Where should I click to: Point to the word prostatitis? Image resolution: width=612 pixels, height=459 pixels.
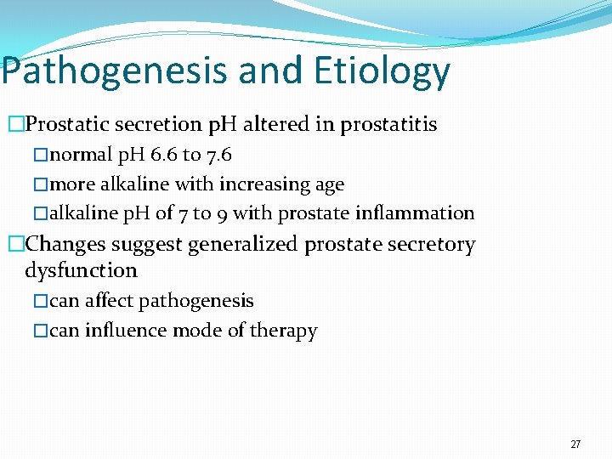point(388,125)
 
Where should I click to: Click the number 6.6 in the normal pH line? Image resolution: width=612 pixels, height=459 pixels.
point(161,156)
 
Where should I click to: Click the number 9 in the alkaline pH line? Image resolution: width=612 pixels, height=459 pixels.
point(219,213)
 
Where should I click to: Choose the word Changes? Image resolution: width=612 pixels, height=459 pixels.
point(66,245)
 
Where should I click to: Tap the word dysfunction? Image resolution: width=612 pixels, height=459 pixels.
point(81,270)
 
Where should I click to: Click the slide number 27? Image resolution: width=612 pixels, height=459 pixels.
point(575,445)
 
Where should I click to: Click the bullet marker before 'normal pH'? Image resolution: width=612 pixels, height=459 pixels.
point(42,156)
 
